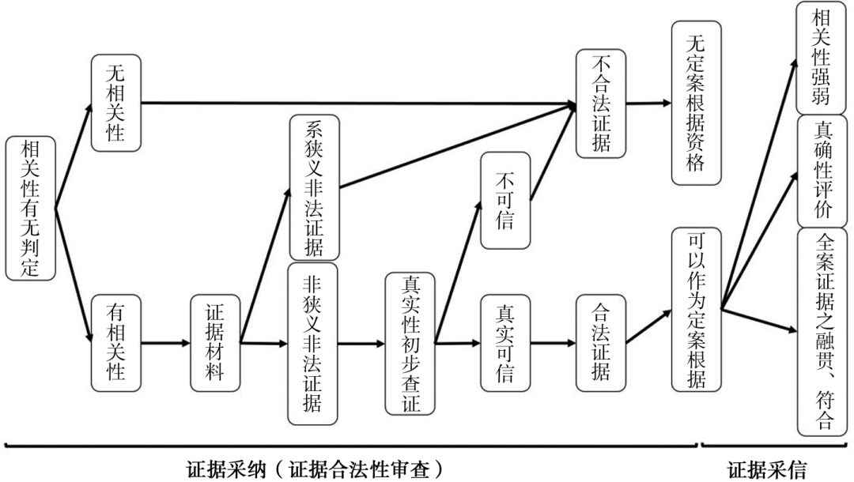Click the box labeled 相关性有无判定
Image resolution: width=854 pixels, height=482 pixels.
coord(31,209)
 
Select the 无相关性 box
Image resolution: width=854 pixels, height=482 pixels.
coord(116,103)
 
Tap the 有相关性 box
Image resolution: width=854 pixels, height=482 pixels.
coord(116,343)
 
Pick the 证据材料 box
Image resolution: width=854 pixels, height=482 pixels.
coord(215,343)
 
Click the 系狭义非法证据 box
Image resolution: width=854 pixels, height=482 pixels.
coord(314,188)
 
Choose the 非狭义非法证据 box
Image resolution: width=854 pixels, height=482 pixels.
coord(312,344)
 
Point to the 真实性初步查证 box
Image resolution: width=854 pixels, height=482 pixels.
coord(410,344)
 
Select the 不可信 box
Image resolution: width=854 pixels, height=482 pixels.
coord(505,201)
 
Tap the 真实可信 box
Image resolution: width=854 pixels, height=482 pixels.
coord(505,343)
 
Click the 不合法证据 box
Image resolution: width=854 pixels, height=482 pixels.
coord(601,104)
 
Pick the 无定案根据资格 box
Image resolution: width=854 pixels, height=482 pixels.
coord(697,104)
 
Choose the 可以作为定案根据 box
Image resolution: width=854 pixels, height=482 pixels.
coord(697,310)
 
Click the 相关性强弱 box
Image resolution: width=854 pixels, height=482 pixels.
coord(822,58)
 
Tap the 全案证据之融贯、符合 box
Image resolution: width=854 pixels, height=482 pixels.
coord(822,332)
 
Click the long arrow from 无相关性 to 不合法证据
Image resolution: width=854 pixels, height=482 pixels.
coord(358,103)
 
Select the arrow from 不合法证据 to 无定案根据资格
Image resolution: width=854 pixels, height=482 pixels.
coord(648,103)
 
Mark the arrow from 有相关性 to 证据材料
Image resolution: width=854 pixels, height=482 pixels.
coord(165,343)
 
